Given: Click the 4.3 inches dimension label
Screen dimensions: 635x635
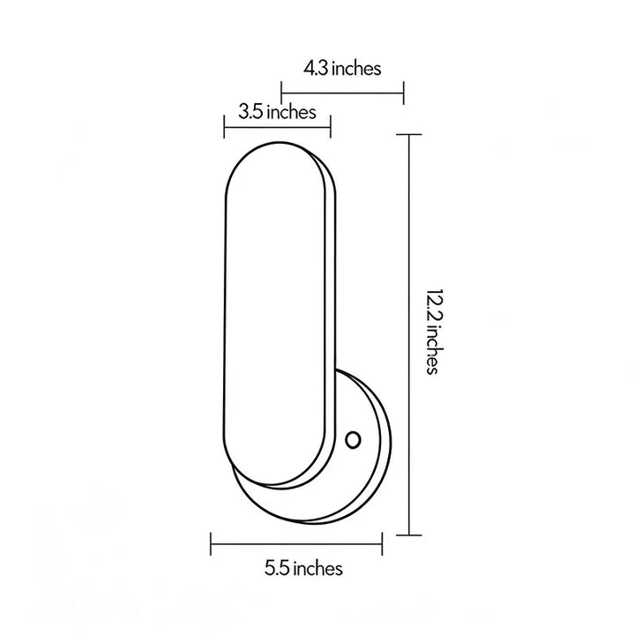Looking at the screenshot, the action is point(342,69).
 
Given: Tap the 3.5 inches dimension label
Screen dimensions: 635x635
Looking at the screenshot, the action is point(277,112).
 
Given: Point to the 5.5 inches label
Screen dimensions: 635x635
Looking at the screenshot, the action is point(303,568).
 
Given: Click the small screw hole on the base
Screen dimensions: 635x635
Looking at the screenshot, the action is point(353,440).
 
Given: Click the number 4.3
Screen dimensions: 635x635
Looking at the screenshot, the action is point(316,69).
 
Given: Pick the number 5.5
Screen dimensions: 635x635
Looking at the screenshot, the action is point(277,569).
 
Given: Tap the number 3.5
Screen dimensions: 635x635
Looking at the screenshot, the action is point(250,112).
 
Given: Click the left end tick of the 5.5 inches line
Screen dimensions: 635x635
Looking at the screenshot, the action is point(211,544).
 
